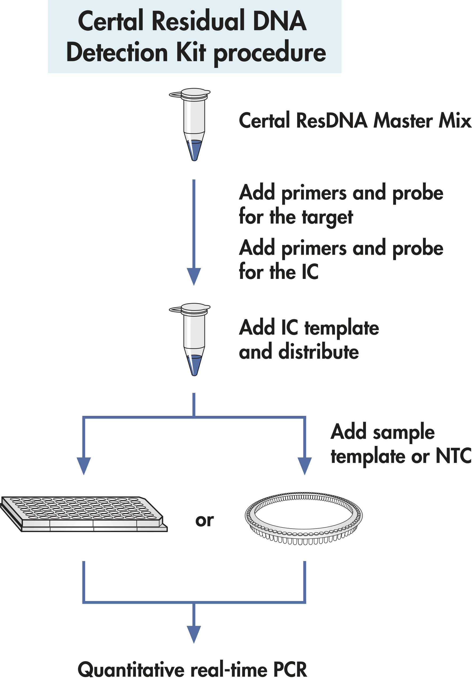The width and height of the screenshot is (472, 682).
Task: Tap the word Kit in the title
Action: (x=191, y=52)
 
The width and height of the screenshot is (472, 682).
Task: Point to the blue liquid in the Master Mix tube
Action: (x=194, y=149)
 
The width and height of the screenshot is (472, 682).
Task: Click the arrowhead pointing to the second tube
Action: (x=194, y=276)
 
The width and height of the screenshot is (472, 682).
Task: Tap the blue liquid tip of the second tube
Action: (x=194, y=364)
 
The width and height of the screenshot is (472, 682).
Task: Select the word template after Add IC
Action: (x=342, y=328)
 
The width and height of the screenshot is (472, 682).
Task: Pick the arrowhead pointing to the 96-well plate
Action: (x=84, y=465)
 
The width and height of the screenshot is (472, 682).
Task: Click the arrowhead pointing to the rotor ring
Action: (x=304, y=465)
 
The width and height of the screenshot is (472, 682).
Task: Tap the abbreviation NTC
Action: (x=453, y=456)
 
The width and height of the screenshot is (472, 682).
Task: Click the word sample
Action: (x=404, y=432)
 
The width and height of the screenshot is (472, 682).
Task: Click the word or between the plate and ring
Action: (x=204, y=521)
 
